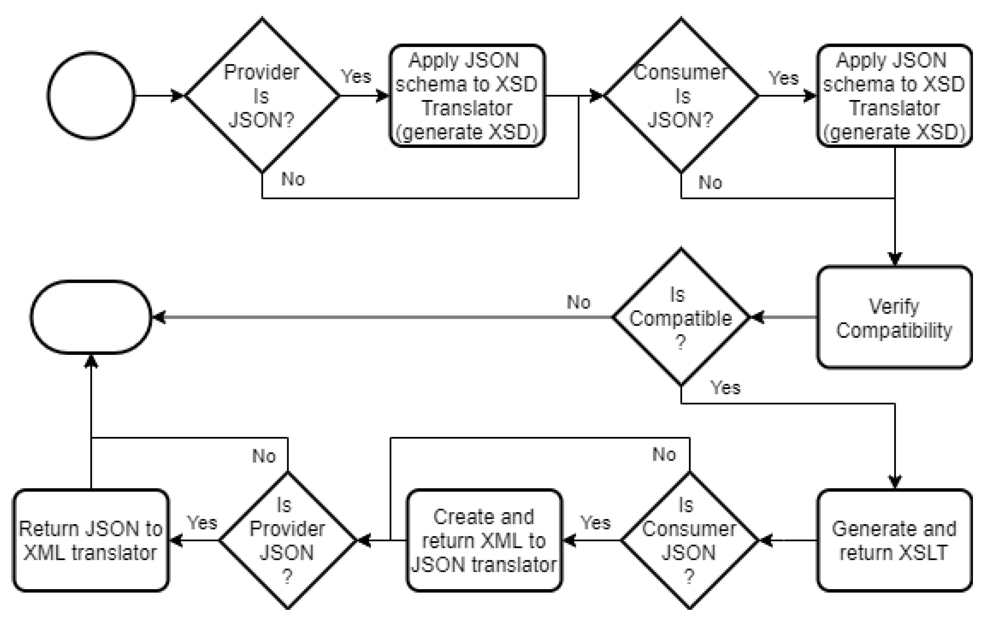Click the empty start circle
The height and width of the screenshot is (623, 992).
[91, 95]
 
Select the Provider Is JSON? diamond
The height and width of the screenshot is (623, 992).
[262, 95]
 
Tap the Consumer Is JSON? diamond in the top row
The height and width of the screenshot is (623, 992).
[681, 95]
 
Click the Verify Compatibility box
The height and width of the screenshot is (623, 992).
[894, 318]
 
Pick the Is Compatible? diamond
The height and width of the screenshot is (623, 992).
[681, 318]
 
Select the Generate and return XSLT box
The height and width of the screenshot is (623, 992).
[894, 540]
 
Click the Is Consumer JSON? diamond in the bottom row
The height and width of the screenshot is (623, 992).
[689, 540]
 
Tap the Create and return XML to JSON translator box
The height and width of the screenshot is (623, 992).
[484, 540]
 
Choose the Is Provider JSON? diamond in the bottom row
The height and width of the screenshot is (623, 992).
[288, 540]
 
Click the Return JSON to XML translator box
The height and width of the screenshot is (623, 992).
[91, 540]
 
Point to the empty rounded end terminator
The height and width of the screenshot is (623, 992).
[91, 318]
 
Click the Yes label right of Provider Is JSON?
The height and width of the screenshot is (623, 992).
[356, 77]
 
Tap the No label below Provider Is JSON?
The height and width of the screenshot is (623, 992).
[293, 179]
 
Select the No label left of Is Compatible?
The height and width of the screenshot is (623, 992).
[579, 302]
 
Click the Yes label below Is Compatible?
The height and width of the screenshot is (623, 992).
[725, 388]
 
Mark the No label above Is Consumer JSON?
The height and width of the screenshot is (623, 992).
[664, 455]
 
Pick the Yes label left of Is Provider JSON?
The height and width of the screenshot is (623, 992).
[202, 523]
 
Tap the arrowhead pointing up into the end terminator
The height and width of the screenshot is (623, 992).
[91, 361]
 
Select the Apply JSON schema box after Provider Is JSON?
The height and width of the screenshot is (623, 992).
[467, 95]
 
